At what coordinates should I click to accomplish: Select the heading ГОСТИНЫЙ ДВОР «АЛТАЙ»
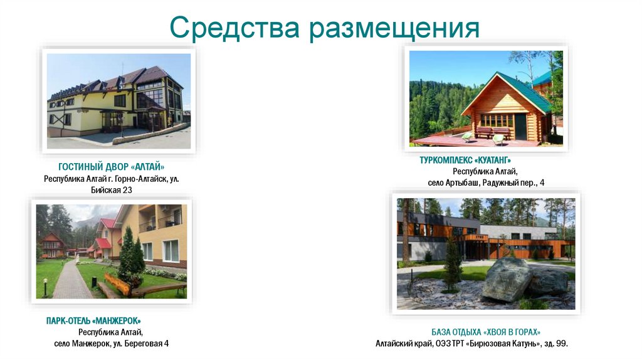coord(112,167)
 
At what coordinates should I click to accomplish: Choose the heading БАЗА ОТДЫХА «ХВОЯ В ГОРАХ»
coord(486,332)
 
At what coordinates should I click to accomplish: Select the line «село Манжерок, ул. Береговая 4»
coord(111,344)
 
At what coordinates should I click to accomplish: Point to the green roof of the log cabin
coord(524,91)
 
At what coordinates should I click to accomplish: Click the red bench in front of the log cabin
coord(484,132)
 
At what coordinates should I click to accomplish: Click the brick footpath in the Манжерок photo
coord(72,285)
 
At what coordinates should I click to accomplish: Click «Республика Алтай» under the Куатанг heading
coord(485,171)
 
